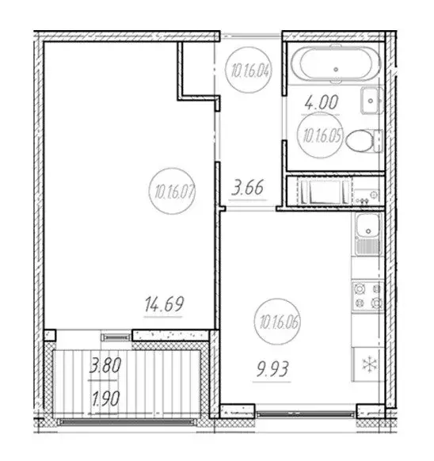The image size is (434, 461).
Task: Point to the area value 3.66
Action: point(248,190)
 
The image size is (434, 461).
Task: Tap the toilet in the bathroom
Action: point(365,141)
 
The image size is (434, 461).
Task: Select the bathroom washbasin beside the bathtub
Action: point(371,101)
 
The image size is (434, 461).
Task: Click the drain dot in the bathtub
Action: point(337,70)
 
